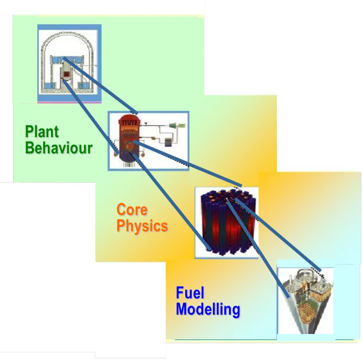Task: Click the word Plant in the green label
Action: [x=42, y=131]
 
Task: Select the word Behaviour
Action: [x=59, y=147]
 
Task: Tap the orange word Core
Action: [x=132, y=209]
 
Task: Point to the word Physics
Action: [x=142, y=226]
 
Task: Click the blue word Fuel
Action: [x=190, y=293]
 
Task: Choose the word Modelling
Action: [x=208, y=310]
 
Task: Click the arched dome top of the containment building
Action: [x=69, y=34]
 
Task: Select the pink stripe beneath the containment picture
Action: [x=69, y=102]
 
